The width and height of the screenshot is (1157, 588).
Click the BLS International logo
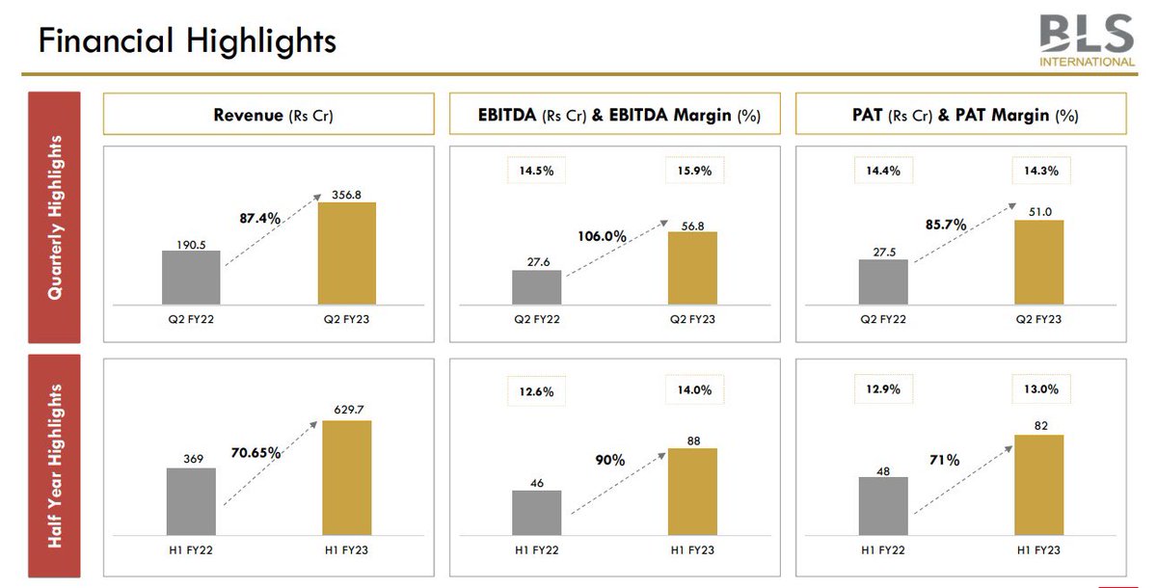(x=1087, y=40)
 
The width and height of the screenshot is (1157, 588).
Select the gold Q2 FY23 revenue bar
(x=346, y=254)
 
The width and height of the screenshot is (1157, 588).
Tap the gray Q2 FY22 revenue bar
(x=191, y=278)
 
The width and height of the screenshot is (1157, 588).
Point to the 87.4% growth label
(x=259, y=219)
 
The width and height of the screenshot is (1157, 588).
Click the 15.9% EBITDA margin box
(x=694, y=171)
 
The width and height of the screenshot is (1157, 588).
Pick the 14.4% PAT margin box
(x=882, y=171)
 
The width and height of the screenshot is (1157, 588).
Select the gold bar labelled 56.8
(x=692, y=268)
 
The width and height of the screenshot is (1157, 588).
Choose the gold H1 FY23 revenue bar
(x=346, y=478)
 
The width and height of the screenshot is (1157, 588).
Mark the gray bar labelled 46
(x=537, y=513)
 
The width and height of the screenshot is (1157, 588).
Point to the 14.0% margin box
(x=694, y=390)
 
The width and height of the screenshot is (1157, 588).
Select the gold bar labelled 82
(x=1038, y=486)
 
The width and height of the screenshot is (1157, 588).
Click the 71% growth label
(x=945, y=461)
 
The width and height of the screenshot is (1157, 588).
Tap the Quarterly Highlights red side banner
(x=54, y=217)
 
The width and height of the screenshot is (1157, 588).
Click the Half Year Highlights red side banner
(x=54, y=466)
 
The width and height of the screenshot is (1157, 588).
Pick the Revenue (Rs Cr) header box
(x=267, y=115)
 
